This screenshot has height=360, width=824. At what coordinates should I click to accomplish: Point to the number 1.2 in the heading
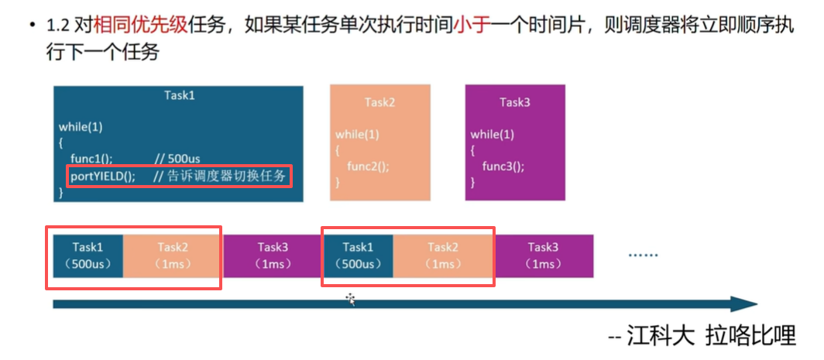pyautogui.click(x=57, y=26)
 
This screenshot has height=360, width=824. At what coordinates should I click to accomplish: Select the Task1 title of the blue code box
pyautogui.click(x=179, y=95)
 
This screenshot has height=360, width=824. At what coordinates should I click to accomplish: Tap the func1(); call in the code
pyautogui.click(x=97, y=159)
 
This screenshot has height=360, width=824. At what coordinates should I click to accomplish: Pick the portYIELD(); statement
pyautogui.click(x=103, y=177)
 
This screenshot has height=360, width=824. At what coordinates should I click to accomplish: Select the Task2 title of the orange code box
pyautogui.click(x=379, y=102)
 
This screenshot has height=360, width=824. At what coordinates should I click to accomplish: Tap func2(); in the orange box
pyautogui.click(x=368, y=166)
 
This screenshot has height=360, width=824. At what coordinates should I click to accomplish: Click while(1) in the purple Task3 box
pyautogui.click(x=489, y=134)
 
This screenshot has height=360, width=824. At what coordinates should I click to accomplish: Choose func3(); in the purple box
pyautogui.click(x=503, y=166)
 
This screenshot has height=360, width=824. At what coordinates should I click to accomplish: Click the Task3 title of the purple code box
pyautogui.click(x=514, y=102)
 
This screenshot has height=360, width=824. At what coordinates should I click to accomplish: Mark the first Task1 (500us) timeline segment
pyautogui.click(x=88, y=255)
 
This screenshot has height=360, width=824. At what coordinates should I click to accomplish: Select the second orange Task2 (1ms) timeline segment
pyautogui.click(x=443, y=255)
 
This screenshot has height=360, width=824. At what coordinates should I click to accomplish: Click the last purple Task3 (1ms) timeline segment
pyautogui.click(x=543, y=255)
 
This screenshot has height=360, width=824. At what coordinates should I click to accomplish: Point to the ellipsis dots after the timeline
pyautogui.click(x=643, y=255)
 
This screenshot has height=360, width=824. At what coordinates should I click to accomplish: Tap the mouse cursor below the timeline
pyautogui.click(x=351, y=299)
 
